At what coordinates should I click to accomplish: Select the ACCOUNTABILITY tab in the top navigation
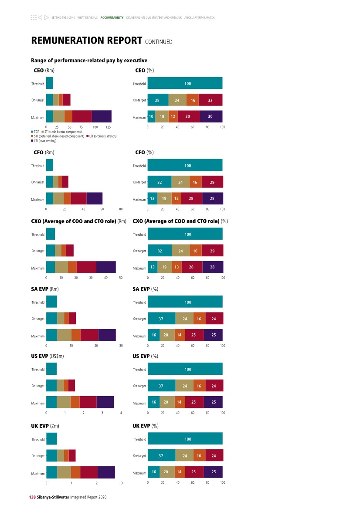[112, 18]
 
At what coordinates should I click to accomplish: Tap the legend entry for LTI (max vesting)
[44, 141]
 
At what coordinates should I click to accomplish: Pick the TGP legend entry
[35, 131]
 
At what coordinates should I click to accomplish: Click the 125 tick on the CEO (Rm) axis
[109, 127]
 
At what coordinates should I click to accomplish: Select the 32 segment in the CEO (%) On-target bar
[210, 100]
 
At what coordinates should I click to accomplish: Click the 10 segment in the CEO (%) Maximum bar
[151, 117]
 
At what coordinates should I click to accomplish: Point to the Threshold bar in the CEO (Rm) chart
[49, 83]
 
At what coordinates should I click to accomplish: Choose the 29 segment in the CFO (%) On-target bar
[212, 182]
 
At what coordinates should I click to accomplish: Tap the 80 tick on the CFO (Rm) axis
[121, 209]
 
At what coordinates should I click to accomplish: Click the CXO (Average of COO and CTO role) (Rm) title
[78, 221]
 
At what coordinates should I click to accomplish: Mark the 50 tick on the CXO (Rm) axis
[121, 278]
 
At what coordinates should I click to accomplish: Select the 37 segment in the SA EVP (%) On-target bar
[161, 319]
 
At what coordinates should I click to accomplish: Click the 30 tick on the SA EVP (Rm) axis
[121, 346]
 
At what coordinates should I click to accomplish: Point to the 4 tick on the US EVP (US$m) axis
[121, 413]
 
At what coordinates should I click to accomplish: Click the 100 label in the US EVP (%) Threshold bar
[188, 370]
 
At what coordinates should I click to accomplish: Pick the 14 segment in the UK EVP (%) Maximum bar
[179, 472]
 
